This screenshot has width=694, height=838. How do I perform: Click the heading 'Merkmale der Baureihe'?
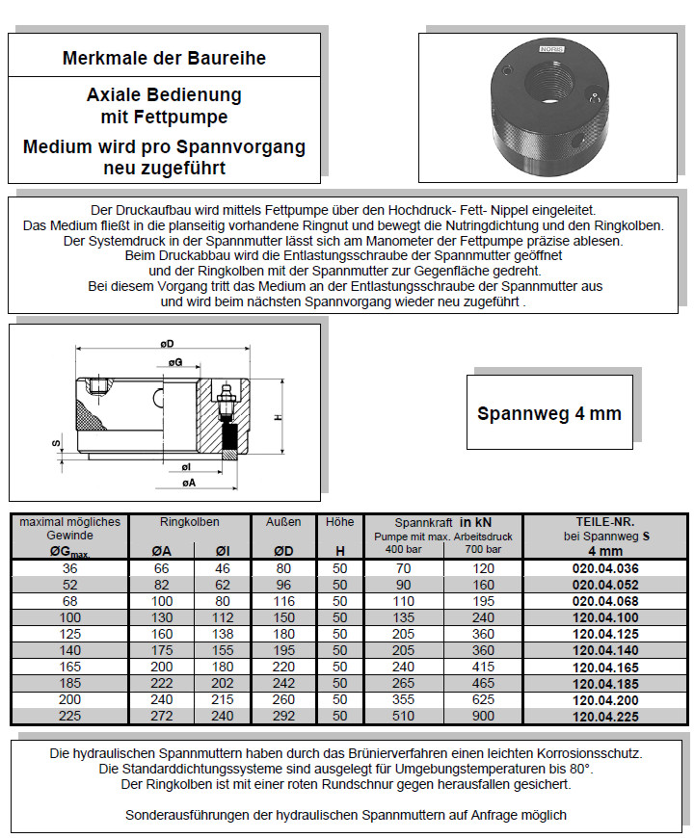click(164, 58)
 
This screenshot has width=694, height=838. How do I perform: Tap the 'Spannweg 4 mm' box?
click(549, 413)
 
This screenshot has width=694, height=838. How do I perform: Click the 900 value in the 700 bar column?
click(482, 716)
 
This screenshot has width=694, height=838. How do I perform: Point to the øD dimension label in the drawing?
click(167, 344)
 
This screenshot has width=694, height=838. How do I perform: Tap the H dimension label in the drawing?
click(278, 417)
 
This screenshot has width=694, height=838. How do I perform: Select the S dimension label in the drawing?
click(56, 443)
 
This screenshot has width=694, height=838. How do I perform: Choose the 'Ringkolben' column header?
click(189, 522)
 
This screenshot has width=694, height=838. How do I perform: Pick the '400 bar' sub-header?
click(404, 549)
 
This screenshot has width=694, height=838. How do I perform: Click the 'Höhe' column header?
click(339, 522)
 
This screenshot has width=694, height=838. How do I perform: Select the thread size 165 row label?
click(68, 667)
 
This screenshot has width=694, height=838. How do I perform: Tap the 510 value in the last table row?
click(404, 716)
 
